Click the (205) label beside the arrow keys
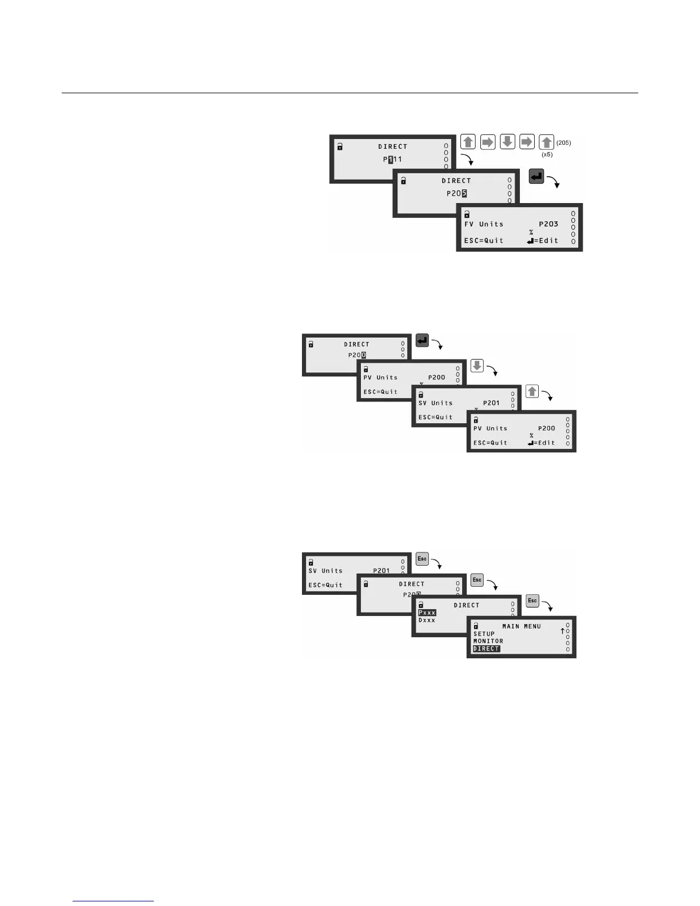[563, 143]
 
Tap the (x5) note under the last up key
[547, 154]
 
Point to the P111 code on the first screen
[392, 160]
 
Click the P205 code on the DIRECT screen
[456, 193]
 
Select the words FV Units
[483, 224]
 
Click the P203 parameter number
[548, 224]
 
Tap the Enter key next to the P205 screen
[536, 177]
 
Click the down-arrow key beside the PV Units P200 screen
[477, 365]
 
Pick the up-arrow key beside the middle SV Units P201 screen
[532, 391]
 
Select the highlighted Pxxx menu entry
[427, 613]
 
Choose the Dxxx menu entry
[427, 620]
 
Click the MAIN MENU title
[521, 626]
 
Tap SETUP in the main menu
[484, 634]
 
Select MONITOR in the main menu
[488, 641]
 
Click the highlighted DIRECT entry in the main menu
[486, 649]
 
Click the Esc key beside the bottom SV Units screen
[422, 559]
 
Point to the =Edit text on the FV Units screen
[546, 241]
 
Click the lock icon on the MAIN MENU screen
[476, 626]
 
